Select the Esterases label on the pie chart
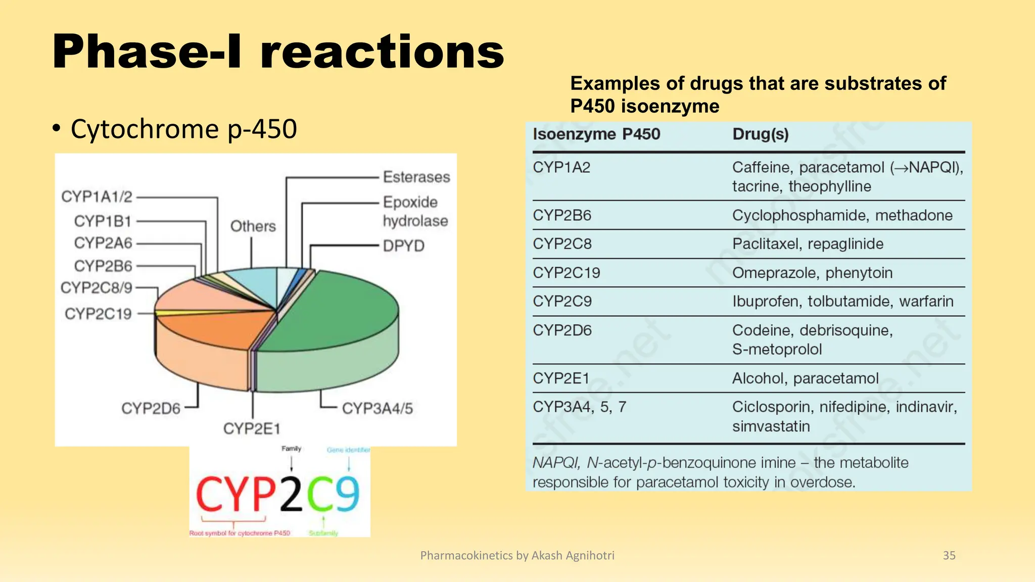[416, 177]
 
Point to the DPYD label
[403, 246]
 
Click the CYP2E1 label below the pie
[252, 428]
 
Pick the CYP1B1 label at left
[103, 221]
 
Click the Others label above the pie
[253, 226]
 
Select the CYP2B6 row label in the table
[561, 215]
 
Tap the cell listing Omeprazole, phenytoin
[812, 273]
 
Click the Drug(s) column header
[760, 134]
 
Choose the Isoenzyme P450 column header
[596, 134]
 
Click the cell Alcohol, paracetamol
[805, 378]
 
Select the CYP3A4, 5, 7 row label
[579, 407]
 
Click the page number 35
[949, 555]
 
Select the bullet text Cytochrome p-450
[183, 129]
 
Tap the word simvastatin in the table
[771, 426]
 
